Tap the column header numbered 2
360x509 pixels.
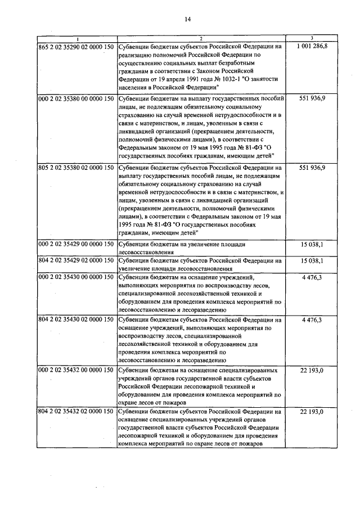pos(202,38)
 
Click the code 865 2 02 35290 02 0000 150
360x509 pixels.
pos(76,46)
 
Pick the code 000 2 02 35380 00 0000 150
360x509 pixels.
pos(76,98)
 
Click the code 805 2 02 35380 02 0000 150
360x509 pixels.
pos(76,168)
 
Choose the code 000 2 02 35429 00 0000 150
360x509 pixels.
pos(76,245)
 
